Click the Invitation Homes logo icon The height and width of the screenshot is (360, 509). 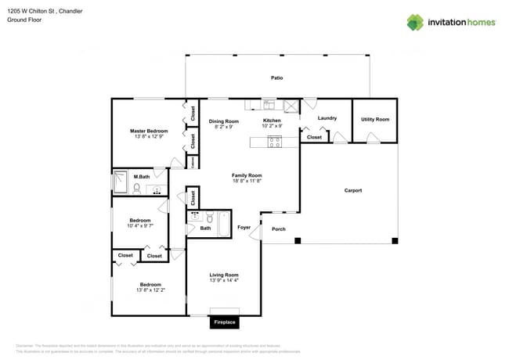415,22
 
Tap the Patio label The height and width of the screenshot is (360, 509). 276,78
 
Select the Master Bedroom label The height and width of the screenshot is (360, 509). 149,131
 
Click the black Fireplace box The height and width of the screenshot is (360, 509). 225,322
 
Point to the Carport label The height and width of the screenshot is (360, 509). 353,190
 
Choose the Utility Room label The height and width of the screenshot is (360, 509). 374,119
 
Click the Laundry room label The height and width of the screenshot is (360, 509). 327,118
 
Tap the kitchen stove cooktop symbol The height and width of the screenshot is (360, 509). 275,142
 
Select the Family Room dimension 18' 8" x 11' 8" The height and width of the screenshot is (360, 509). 247,181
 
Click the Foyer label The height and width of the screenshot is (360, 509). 244,228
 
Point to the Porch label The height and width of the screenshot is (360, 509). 278,229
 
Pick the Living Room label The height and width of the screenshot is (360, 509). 224,275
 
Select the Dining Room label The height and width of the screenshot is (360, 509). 224,121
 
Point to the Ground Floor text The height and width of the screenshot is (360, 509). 24,20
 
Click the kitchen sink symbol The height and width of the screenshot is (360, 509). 269,105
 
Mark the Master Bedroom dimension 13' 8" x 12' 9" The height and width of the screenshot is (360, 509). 149,137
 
